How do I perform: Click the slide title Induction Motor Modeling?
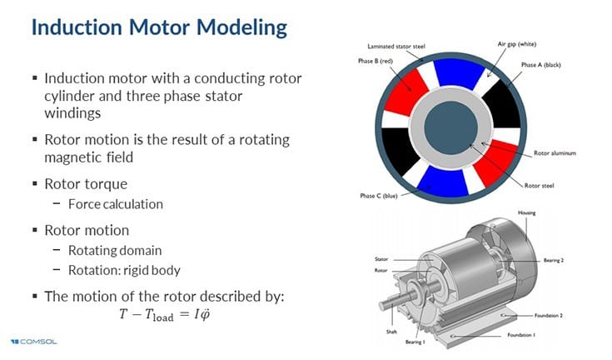click(158, 27)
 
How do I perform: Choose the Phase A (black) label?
click(541, 65)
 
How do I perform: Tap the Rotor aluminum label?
click(555, 153)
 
